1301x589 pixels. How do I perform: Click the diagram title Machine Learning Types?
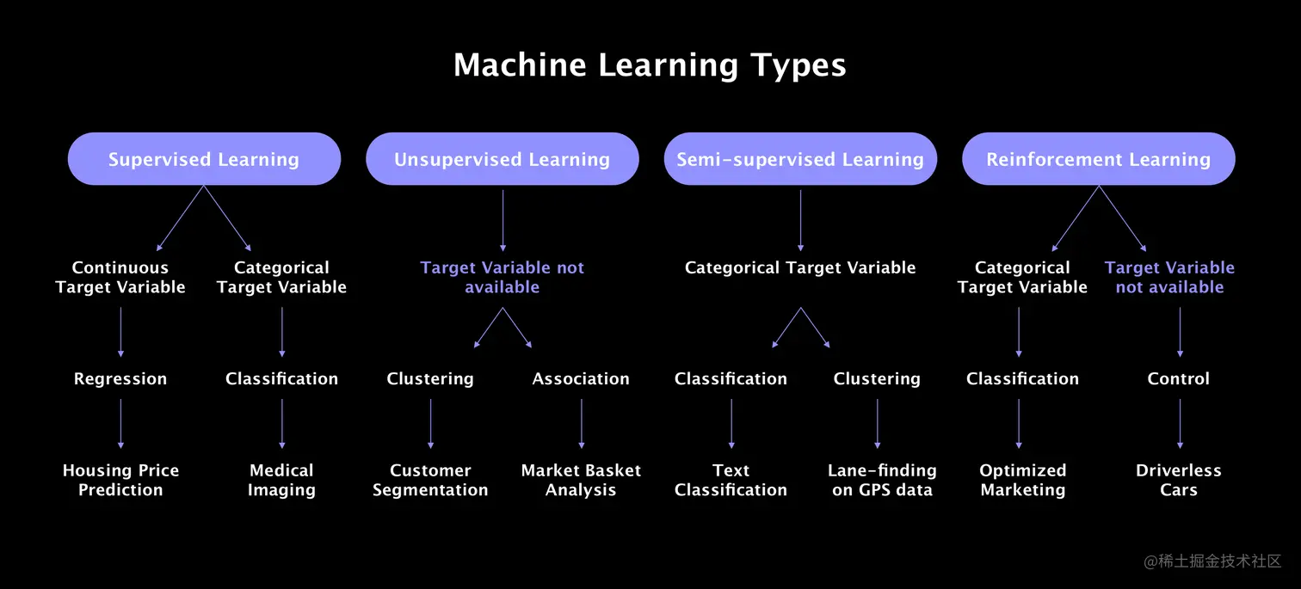650,65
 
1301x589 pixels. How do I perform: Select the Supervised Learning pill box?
204,159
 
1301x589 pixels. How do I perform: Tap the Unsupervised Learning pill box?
502,159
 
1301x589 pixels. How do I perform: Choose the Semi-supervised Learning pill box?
800,159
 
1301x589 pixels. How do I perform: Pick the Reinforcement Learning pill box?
1098,159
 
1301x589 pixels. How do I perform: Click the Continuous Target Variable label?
120,277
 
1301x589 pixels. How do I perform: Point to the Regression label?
120,378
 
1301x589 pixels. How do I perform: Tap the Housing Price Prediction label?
120,480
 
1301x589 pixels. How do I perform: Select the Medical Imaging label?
281,480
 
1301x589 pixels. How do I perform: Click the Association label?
581,378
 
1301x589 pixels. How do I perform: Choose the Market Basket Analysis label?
581,480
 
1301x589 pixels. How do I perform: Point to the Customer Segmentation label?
430,480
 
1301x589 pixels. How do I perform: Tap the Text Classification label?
731,480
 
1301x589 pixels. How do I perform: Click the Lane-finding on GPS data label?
882,480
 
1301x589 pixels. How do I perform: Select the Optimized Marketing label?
1022,480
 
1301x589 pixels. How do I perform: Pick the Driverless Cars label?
1179,480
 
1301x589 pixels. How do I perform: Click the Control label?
1179,378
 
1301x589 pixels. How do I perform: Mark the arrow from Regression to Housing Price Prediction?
120,424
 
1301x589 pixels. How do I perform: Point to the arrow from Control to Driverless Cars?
1180,424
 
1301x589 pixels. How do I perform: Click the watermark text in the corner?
1212,561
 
